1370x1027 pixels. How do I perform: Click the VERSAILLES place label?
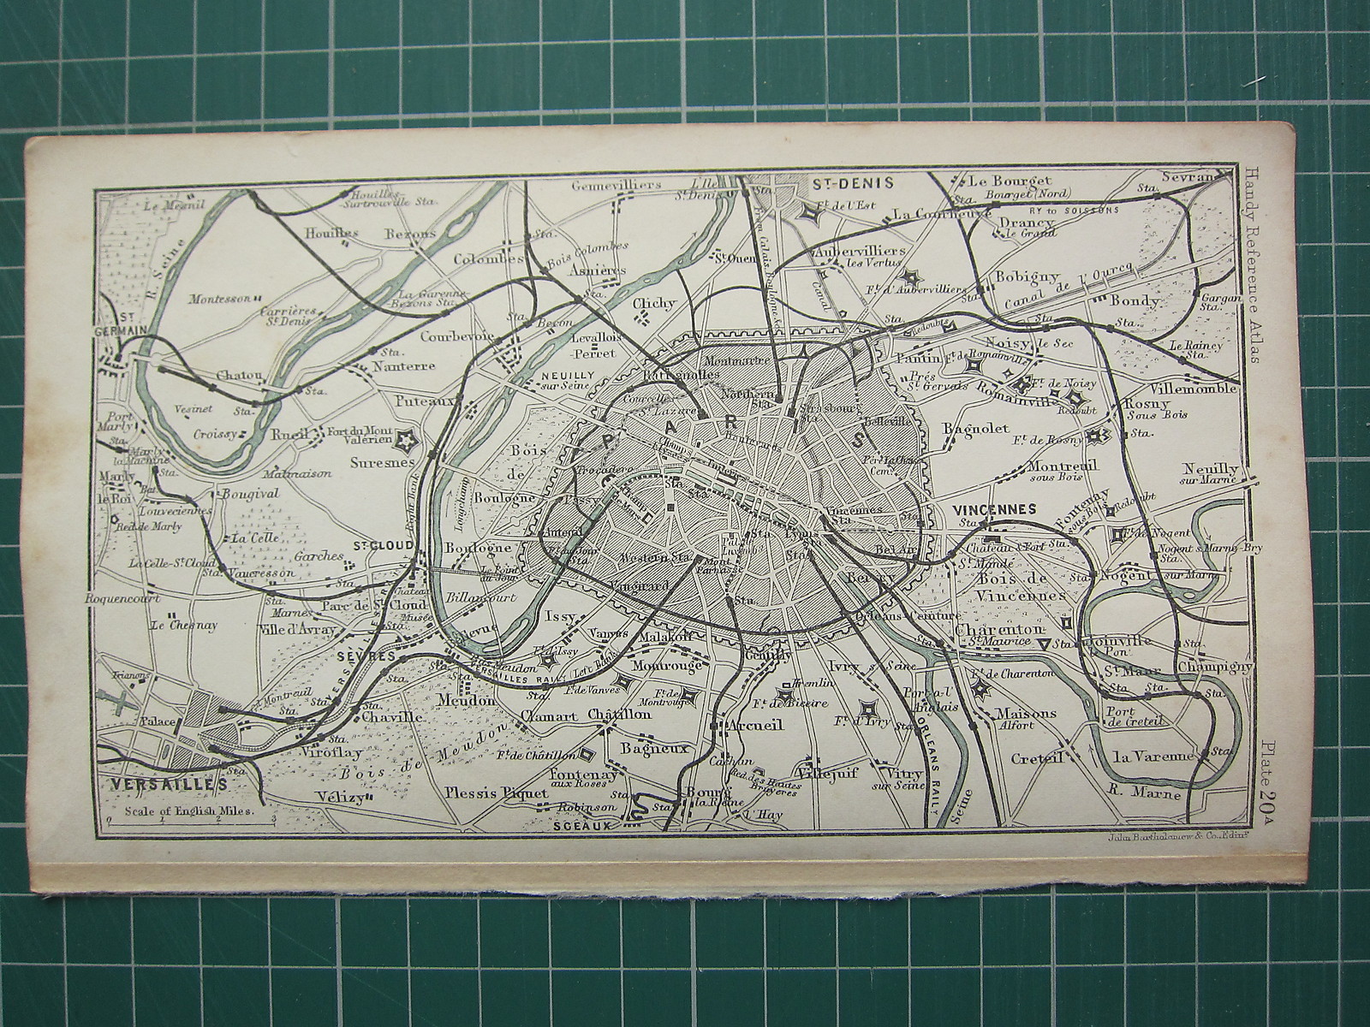pos(163,783)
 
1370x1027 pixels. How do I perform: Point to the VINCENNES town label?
pos(994,508)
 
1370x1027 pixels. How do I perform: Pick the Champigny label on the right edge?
pos(1214,666)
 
